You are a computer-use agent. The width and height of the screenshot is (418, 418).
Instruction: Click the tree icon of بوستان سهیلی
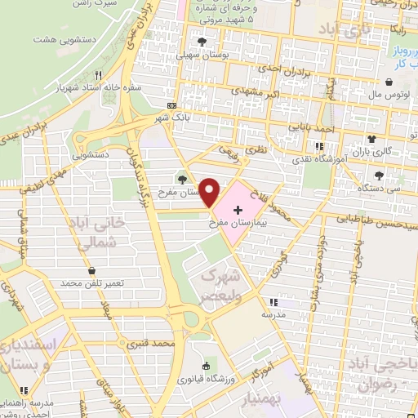pos(201,42)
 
